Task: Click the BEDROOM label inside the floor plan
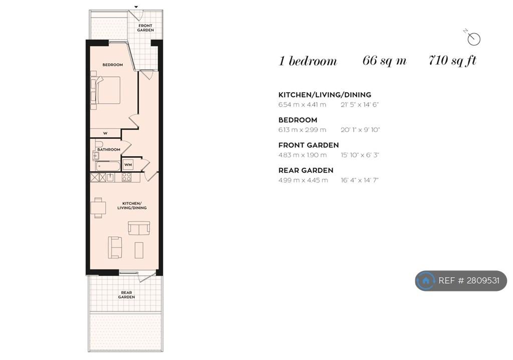113,65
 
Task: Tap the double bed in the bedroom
106,90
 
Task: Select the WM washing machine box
128,165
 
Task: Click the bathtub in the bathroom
108,166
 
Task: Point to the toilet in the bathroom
99,144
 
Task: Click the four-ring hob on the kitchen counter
127,177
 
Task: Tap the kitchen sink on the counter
110,177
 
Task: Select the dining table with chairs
98,208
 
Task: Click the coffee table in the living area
139,250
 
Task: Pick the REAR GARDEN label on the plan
126,294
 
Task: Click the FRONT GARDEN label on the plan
145,28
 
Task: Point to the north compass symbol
473,38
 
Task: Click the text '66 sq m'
384,61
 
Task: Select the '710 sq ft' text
452,61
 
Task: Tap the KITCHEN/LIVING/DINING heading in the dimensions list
325,95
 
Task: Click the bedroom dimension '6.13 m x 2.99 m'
302,130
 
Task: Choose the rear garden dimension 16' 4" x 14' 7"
360,180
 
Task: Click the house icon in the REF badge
426,280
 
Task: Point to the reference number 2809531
483,280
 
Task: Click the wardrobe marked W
105,133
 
